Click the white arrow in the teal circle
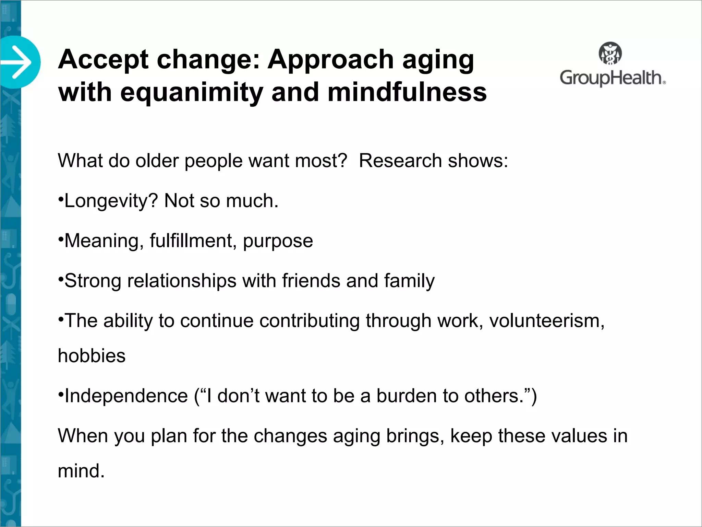pos(17,62)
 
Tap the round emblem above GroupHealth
pos(610,53)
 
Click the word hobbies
pos(92,356)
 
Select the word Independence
pos(126,396)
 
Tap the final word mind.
pos(81,471)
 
